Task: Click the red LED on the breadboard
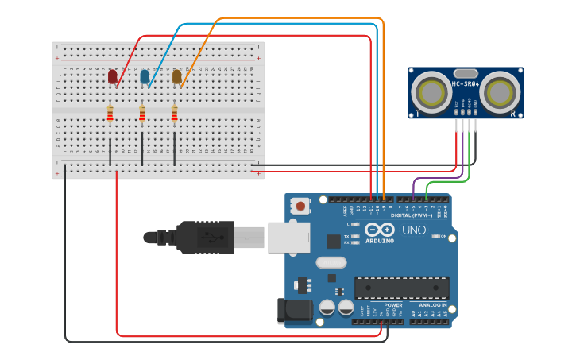(112, 76)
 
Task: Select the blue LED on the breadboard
(144, 76)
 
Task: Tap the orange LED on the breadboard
(176, 76)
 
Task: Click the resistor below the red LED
(110, 115)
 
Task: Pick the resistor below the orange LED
(174, 115)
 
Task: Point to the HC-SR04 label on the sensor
(466, 83)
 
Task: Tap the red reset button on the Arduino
(300, 207)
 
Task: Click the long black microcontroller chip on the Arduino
(401, 287)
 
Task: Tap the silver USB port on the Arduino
(287, 237)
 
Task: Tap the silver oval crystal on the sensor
(466, 73)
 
